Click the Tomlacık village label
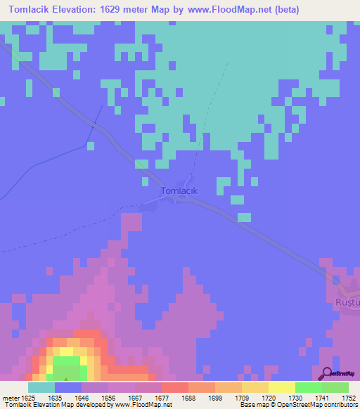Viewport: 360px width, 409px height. point(181,190)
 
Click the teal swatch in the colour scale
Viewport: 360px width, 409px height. point(41,387)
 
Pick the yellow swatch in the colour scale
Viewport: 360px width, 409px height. point(282,387)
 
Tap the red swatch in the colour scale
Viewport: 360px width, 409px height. point(174,387)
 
